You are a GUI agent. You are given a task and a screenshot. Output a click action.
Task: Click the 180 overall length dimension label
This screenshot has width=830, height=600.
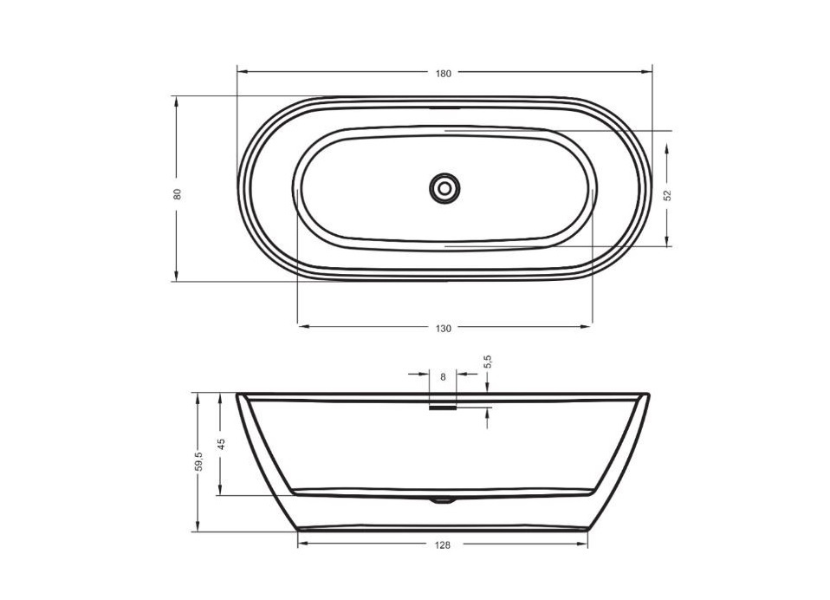[444, 74]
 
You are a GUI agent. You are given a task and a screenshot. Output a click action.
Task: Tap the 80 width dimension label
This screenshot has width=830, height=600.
[178, 194]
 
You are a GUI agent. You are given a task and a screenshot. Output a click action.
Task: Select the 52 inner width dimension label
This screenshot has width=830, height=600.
[667, 195]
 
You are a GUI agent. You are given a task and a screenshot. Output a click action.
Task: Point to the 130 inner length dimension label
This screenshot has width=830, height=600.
[444, 329]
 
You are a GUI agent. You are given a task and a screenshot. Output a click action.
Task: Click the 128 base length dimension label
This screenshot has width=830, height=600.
[443, 545]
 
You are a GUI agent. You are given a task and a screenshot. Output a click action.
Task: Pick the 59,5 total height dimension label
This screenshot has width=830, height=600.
[198, 461]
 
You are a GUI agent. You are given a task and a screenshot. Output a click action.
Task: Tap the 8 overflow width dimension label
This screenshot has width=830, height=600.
[443, 377]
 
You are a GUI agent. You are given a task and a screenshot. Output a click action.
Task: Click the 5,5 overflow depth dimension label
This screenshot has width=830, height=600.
[488, 362]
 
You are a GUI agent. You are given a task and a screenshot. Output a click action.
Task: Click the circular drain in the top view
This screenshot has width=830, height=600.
[444, 187]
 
